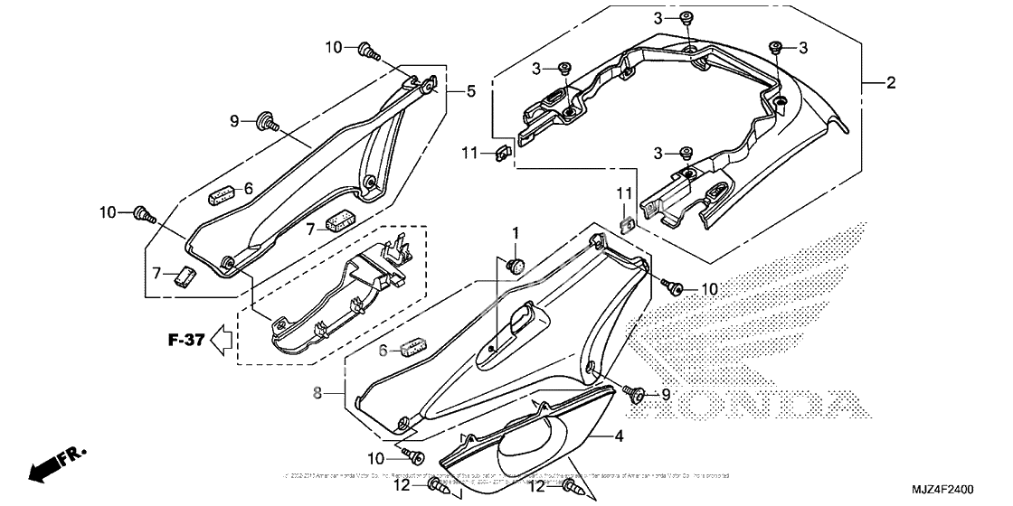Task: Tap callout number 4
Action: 620,436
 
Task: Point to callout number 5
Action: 471,90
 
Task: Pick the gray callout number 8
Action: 317,393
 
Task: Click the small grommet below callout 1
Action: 516,264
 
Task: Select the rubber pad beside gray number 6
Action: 412,346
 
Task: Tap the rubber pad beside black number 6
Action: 222,192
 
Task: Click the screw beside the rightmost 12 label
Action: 571,487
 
